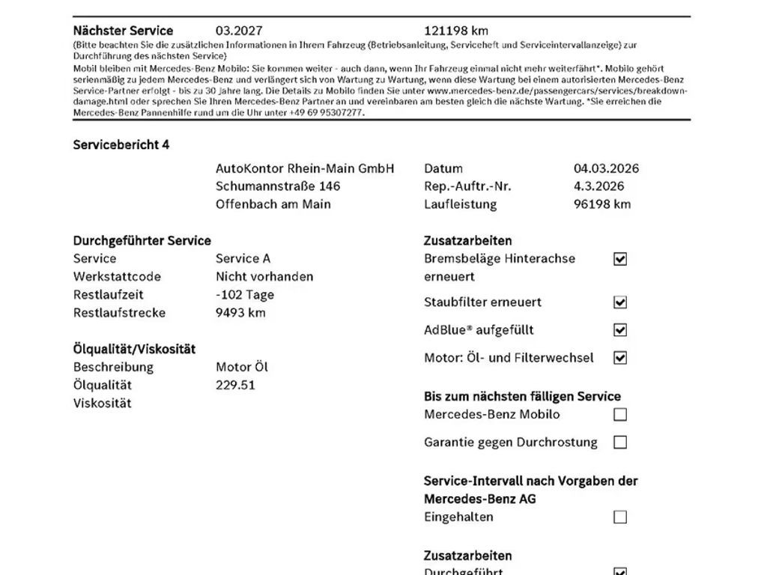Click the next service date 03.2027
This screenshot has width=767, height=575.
tap(239, 31)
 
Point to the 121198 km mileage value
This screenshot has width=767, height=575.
tap(455, 31)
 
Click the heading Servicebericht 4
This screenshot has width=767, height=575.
tap(121, 144)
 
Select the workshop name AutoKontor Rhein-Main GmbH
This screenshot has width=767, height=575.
tap(305, 168)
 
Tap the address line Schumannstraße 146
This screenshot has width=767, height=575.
tap(277, 186)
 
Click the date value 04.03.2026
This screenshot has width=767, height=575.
tap(606, 168)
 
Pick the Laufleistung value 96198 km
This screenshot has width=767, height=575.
tap(602, 204)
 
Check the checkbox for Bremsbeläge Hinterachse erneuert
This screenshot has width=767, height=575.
tap(620, 259)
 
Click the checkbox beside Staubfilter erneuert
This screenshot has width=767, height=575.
tap(620, 302)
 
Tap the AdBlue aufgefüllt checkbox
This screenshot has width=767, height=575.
tap(620, 330)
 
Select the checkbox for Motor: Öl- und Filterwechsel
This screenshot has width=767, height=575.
tap(620, 358)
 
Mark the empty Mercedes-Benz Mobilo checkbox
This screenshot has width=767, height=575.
tap(620, 415)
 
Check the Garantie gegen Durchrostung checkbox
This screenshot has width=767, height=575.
tap(620, 442)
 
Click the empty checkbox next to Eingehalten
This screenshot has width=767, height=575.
tap(620, 517)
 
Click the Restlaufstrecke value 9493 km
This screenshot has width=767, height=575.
tap(240, 313)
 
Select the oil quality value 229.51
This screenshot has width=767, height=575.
tap(235, 386)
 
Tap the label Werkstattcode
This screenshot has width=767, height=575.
tap(117, 277)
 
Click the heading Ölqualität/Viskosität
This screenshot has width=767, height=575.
tap(134, 349)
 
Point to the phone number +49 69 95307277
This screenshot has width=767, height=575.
tap(327, 112)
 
